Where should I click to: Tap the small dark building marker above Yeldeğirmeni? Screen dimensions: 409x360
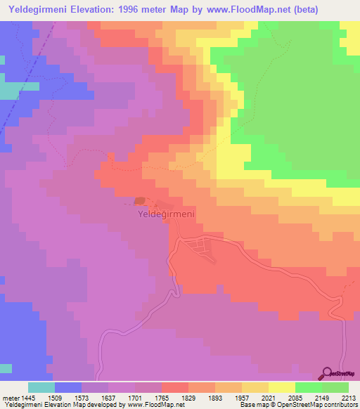[x=140, y=202]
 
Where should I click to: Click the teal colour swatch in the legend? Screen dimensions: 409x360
[x=41, y=387]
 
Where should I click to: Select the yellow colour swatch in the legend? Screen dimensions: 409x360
[x=281, y=387]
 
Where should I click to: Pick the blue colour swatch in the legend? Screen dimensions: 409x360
[x=68, y=387]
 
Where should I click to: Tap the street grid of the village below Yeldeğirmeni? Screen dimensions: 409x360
[x=202, y=247]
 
